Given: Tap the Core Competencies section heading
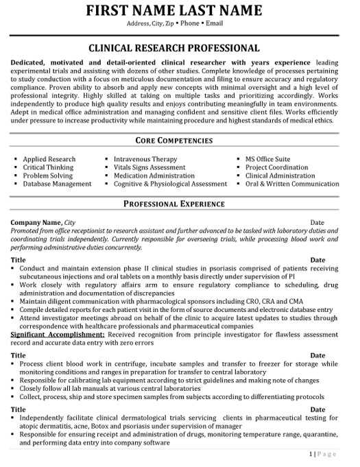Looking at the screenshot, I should point(175,141).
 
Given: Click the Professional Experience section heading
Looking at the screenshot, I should point(175,204).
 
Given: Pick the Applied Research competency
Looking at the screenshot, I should point(49,159).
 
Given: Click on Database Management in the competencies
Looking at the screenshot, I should point(57,184).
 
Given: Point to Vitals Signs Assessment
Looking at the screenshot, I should point(149,167).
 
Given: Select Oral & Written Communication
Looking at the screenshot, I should point(291,184).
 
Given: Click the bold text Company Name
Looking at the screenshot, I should point(36,223).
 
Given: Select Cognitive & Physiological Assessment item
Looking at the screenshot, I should point(170,184).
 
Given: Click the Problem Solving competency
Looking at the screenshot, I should point(48,176).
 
